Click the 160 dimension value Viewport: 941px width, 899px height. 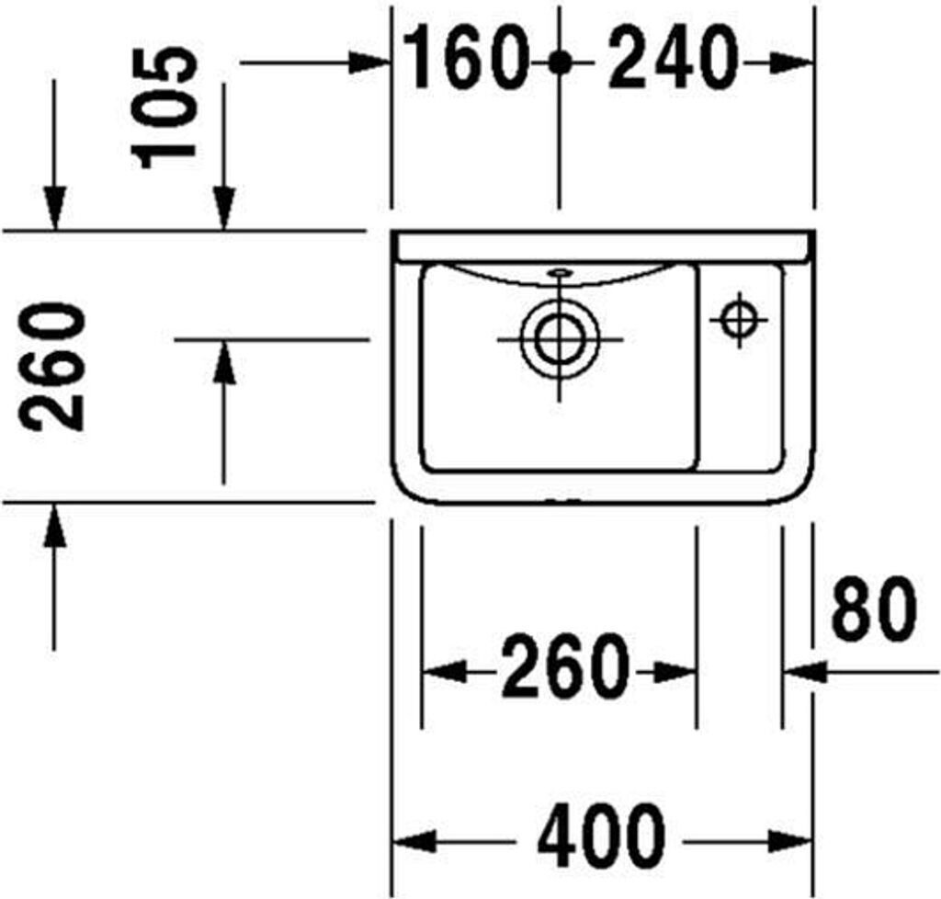(x=468, y=59)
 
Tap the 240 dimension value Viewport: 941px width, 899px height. (x=674, y=59)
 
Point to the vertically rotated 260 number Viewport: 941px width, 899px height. (x=55, y=366)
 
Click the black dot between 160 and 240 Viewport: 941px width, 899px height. (x=559, y=63)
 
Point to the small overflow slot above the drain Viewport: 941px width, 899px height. (x=559, y=273)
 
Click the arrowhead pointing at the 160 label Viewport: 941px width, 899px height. (x=372, y=63)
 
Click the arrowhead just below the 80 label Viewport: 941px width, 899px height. (x=802, y=672)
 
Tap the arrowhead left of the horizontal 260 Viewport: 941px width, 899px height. (x=442, y=672)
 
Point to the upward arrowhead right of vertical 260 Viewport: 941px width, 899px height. (x=223, y=362)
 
